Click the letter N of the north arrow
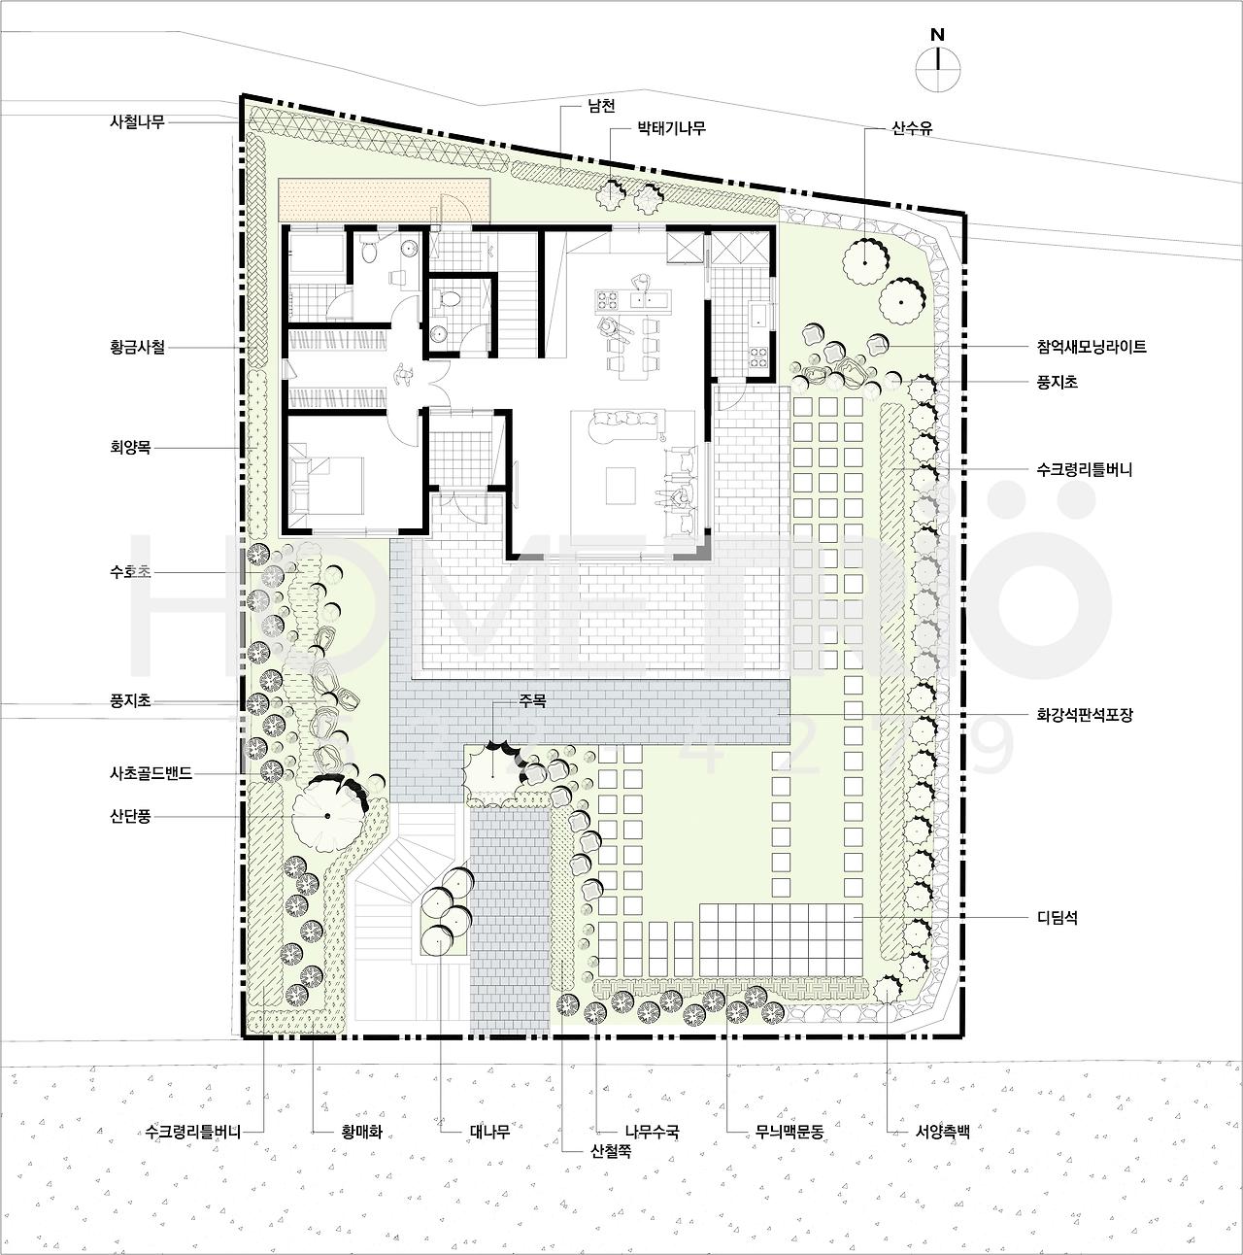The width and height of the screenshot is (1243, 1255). [937, 35]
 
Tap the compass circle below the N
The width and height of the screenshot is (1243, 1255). [938, 68]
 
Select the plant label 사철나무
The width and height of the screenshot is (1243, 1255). [137, 121]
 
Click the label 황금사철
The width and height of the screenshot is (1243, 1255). [137, 347]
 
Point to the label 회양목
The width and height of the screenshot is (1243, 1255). [130, 448]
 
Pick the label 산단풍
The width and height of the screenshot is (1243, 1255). [130, 816]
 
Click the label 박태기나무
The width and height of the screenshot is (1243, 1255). [671, 128]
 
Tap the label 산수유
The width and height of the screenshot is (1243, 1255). [912, 128]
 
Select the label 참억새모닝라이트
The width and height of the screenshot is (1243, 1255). [1092, 347]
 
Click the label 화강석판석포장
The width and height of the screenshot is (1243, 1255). [1085, 715]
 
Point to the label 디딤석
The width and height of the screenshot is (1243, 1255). [1057, 918]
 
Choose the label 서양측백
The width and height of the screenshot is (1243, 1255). [943, 1132]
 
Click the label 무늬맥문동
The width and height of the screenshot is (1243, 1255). [789, 1132]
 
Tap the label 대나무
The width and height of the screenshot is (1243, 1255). [489, 1132]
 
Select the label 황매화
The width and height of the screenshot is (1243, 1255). [361, 1132]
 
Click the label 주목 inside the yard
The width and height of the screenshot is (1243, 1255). [532, 700]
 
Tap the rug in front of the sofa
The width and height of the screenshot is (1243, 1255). [620, 486]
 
